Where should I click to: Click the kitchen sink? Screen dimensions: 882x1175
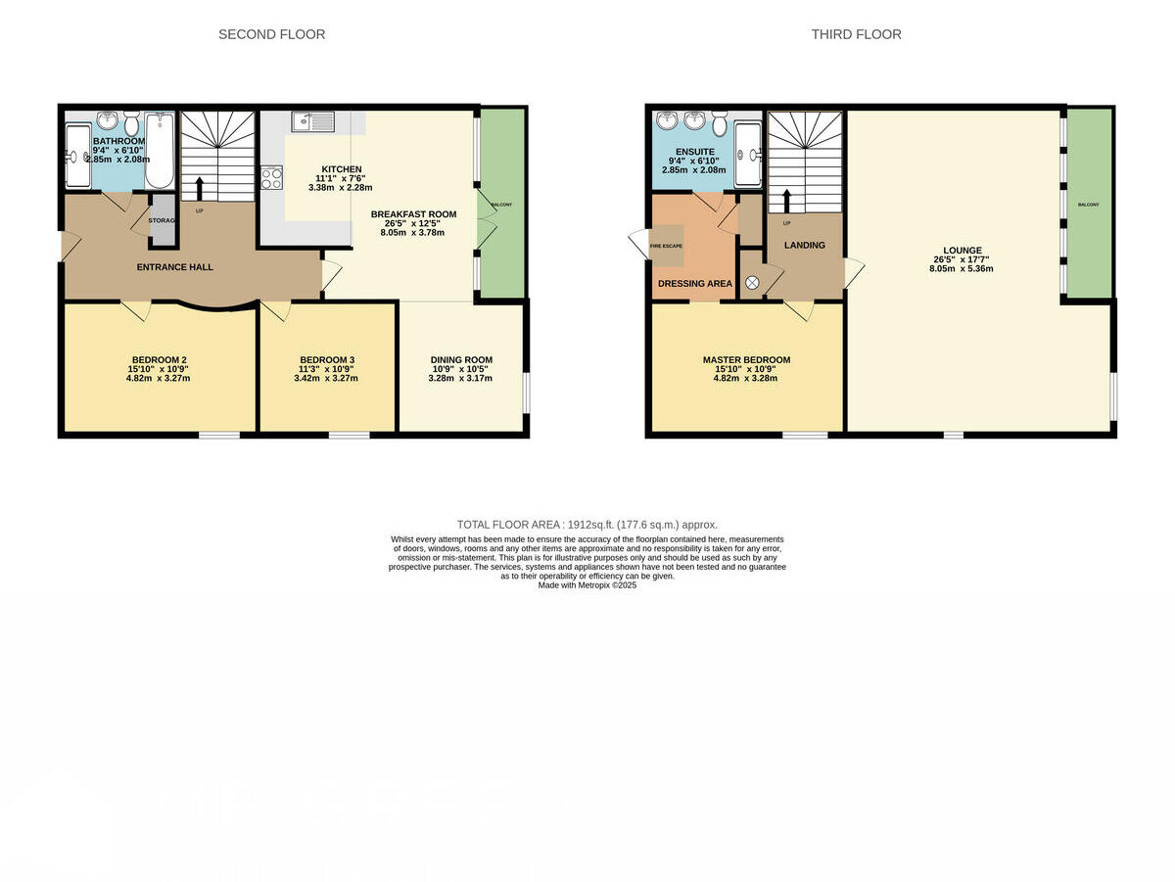click(312, 122)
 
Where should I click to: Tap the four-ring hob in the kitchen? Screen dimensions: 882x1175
click(271, 179)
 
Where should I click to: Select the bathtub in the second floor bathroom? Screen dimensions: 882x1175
click(160, 152)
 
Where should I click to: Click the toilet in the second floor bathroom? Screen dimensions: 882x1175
click(132, 123)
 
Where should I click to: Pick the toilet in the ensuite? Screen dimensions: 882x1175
click(720, 123)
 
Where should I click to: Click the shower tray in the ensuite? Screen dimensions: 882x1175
click(749, 154)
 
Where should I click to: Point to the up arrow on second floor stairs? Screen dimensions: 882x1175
click(200, 186)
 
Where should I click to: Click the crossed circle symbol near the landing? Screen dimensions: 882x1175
click(752, 282)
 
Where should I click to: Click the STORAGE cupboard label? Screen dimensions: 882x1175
click(162, 221)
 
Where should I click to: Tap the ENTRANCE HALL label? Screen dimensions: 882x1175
click(175, 266)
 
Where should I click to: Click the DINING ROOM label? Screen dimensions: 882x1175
click(461, 359)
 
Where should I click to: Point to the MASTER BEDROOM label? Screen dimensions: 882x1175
click(746, 359)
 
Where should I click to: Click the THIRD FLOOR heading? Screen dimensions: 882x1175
click(856, 34)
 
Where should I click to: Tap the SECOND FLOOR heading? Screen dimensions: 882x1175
click(271, 34)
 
